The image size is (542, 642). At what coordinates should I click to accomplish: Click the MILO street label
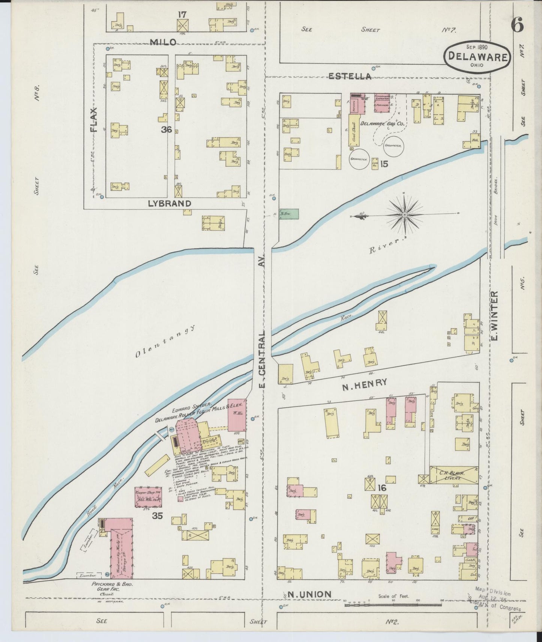tap(163, 42)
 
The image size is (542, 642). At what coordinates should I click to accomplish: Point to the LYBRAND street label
tap(169, 203)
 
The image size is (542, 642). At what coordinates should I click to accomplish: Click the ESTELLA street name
tap(350, 76)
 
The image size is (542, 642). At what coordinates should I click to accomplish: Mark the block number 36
tap(167, 130)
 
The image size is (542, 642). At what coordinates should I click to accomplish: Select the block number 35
tap(158, 516)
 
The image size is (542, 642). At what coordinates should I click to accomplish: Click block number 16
tap(382, 488)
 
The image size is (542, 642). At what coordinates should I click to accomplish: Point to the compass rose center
tap(405, 215)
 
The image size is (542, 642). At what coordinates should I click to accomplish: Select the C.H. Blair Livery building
tap(453, 475)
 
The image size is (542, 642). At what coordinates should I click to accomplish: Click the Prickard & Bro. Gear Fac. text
tap(112, 587)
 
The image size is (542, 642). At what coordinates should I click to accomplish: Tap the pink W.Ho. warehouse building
tap(237, 415)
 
